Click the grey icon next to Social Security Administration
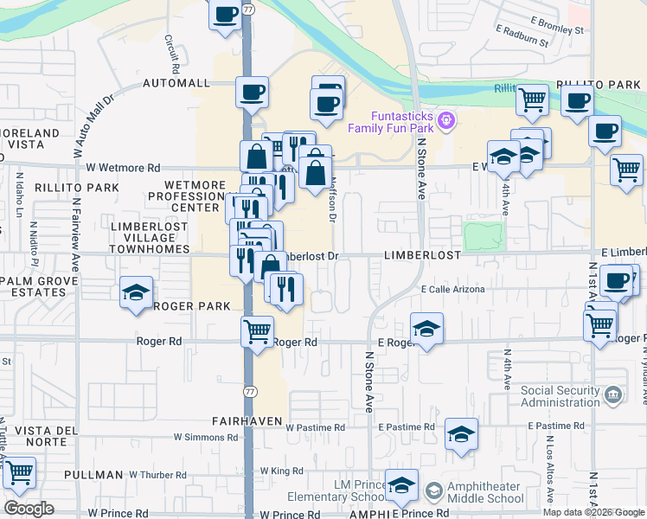coord(613,395)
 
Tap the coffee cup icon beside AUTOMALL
coord(253,92)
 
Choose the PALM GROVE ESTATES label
coord(33,286)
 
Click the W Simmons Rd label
coord(206,438)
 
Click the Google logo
coord(29,509)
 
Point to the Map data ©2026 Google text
coord(593,512)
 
